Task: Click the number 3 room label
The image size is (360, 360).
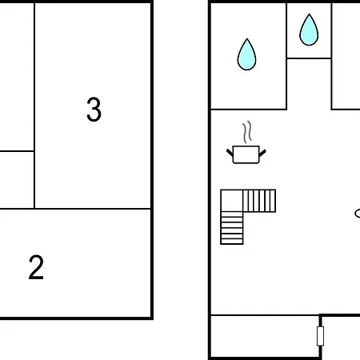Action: (94, 110)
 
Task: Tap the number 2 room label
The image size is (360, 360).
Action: (36, 267)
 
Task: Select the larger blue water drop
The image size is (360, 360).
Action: (246, 54)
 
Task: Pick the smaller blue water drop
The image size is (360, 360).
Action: (309, 30)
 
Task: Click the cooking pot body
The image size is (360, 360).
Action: (246, 154)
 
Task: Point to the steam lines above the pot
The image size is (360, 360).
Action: (247, 132)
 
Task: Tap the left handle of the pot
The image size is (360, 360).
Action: (230, 153)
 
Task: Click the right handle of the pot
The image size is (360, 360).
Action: (262, 153)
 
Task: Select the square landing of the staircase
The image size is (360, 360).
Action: (232, 201)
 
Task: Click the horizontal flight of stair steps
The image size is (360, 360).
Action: (259, 201)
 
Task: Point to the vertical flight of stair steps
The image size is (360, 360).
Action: (232, 228)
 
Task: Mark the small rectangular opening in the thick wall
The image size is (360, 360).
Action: (320, 336)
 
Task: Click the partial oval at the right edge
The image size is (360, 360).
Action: (357, 214)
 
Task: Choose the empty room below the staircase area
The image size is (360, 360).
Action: (265, 336)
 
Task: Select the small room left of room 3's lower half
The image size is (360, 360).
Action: (17, 180)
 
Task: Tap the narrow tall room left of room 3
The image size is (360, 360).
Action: (17, 77)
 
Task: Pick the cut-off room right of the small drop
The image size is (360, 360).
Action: (346, 56)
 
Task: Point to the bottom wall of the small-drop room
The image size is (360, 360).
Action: (309, 58)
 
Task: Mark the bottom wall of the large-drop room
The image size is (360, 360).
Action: (249, 110)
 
